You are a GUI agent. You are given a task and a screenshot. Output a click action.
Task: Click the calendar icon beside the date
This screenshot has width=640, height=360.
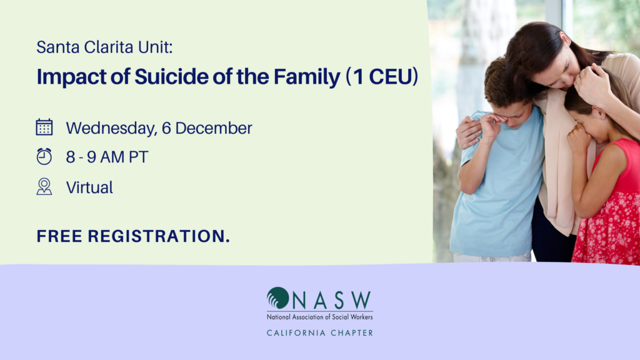point(44,127)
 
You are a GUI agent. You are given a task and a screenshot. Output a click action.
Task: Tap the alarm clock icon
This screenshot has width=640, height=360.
point(44,156)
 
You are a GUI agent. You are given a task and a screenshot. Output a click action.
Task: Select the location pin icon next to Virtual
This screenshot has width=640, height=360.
point(44,186)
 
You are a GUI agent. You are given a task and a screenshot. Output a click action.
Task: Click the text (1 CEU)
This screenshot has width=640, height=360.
point(382,77)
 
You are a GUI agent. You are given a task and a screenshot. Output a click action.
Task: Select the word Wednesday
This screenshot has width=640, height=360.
point(112,129)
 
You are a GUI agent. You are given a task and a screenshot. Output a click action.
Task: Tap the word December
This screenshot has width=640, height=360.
point(214,128)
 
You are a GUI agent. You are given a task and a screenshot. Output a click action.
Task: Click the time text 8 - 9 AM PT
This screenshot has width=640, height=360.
point(107,157)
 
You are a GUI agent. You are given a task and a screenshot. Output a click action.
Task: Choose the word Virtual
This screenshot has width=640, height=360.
point(89,187)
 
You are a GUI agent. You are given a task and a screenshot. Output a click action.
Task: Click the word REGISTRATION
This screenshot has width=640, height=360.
point(159,236)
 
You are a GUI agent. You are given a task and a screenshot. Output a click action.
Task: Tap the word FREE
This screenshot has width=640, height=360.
point(59,236)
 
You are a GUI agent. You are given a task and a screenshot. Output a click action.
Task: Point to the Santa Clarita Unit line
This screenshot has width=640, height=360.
point(104,47)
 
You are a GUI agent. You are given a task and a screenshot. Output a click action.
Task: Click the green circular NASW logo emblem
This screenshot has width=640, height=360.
point(278,298)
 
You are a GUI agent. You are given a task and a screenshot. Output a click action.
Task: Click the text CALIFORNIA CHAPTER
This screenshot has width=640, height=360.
point(320,333)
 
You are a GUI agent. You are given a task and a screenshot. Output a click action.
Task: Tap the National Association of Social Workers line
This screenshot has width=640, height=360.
point(319,317)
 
